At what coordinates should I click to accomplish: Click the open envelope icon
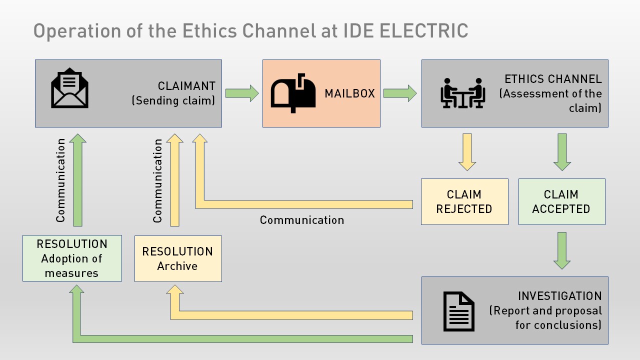[70, 88]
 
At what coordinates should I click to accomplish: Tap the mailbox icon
[293, 93]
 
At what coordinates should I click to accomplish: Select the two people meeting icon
[463, 93]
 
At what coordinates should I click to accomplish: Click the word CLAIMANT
[186, 86]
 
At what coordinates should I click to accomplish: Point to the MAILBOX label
[349, 93]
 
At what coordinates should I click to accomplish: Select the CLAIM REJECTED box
[464, 202]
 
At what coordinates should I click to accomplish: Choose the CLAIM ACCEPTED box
[561, 202]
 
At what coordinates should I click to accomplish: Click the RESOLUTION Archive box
[178, 258]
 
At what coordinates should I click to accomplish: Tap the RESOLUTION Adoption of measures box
[72, 258]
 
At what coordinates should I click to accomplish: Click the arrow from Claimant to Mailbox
[242, 93]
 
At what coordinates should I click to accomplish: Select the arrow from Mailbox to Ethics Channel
[400, 93]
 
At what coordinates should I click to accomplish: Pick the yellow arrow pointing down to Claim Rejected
[467, 152]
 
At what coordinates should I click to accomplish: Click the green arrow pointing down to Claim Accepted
[562, 152]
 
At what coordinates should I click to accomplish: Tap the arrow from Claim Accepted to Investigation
[562, 250]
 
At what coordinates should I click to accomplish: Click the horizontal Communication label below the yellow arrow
[302, 220]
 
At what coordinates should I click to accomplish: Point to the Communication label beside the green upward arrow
[60, 180]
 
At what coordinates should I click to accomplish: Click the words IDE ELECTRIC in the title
[405, 31]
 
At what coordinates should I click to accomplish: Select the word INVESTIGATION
[559, 296]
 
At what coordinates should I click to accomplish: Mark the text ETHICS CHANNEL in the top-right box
[553, 79]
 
